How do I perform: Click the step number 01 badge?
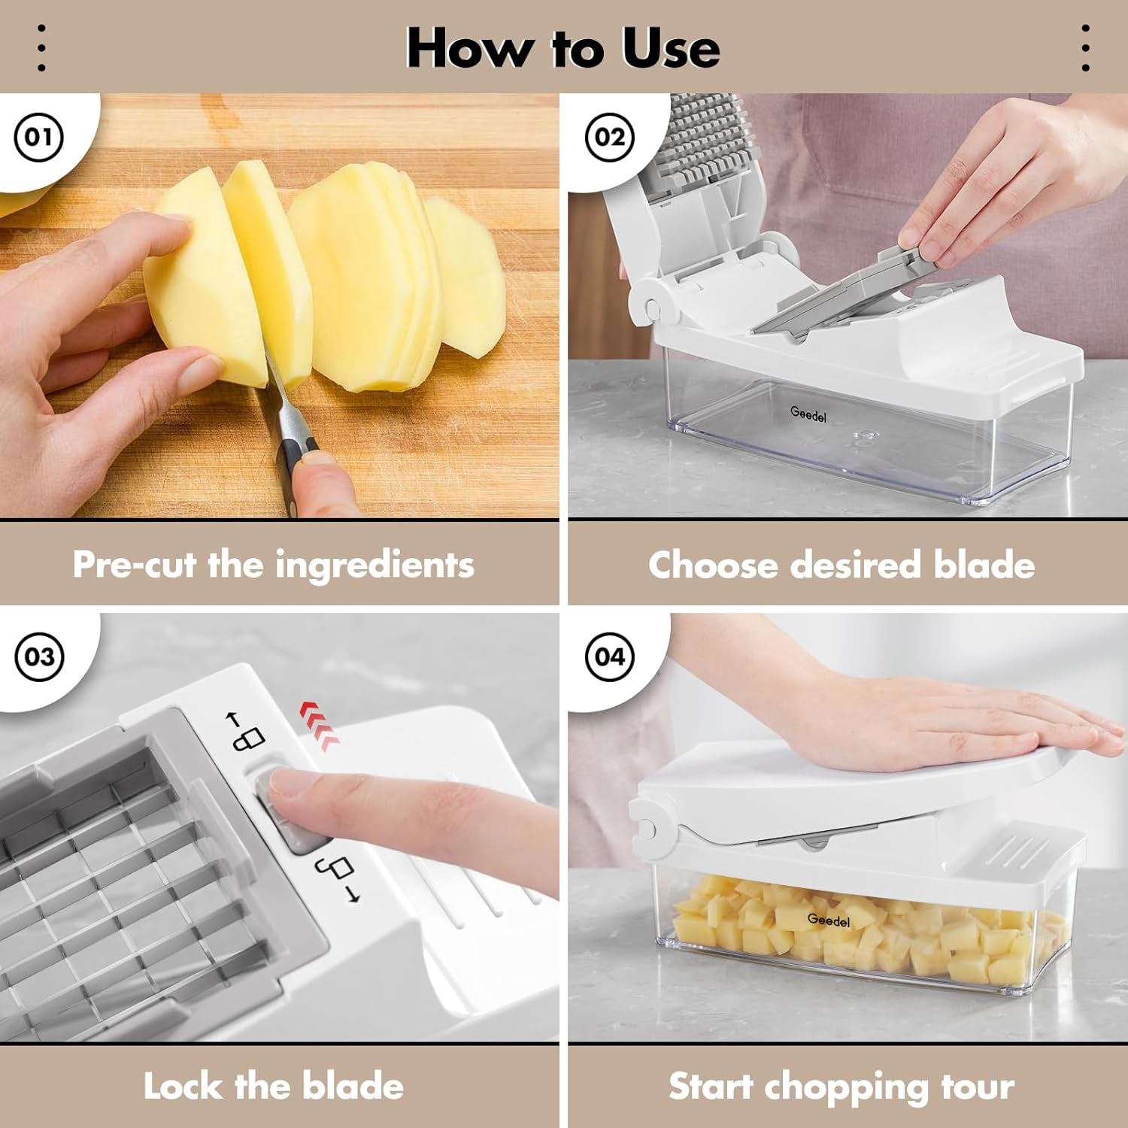pos(38,137)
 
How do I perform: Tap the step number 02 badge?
pos(609,137)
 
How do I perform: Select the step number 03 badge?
pos(38,656)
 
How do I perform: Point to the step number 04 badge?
pos(609,656)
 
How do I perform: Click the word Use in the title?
pos(670,49)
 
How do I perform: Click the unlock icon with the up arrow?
pos(245,731)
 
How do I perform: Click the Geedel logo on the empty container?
pos(808,413)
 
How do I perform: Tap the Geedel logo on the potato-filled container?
pos(828,920)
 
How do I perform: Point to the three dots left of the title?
pos(41,49)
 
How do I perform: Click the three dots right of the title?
pos(1085,49)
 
